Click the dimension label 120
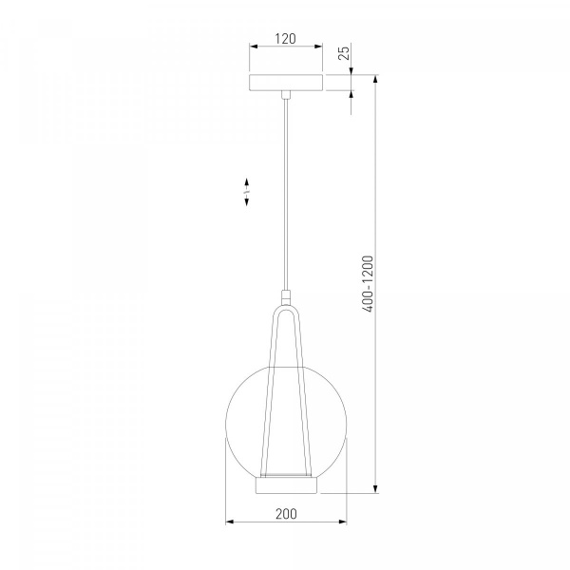[x=285, y=39]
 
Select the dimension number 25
[x=344, y=52]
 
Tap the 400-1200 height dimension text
[x=368, y=284]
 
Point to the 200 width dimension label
[x=286, y=514]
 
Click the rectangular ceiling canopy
[x=286, y=83]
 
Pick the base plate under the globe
[x=287, y=485]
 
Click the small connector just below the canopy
[x=286, y=94]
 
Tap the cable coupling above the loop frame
[x=286, y=297]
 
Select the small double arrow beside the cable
[x=246, y=192]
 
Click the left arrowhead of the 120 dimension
[x=254, y=47]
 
